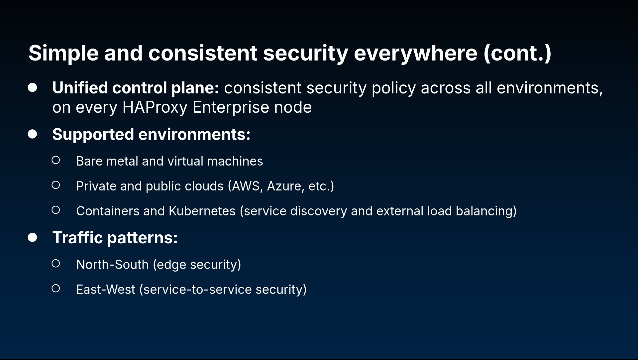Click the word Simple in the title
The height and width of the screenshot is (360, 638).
pos(63,53)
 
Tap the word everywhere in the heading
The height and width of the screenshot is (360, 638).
pos(415,53)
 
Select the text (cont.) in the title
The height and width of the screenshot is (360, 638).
pos(517,53)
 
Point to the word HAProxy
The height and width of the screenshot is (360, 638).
pos(155,107)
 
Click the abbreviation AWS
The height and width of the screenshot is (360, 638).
pos(246,186)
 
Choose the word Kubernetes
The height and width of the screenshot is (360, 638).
pos(202,211)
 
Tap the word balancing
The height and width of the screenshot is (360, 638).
pos(485,211)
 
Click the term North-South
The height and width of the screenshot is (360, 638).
pos(112,265)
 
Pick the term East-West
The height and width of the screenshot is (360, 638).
pos(106,290)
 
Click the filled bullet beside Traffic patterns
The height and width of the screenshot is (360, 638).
pos(33,237)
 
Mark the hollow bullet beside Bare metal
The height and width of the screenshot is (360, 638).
pos(56,160)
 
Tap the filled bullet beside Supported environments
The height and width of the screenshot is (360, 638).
pos(33,134)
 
